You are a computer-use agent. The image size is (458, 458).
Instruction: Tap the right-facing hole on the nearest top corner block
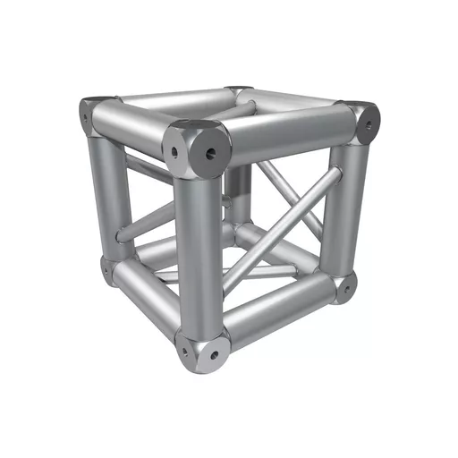coord(211,153)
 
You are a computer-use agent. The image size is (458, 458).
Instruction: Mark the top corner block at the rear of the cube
coord(239,91)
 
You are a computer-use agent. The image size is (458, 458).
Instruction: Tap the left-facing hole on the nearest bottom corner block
coord(185,351)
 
